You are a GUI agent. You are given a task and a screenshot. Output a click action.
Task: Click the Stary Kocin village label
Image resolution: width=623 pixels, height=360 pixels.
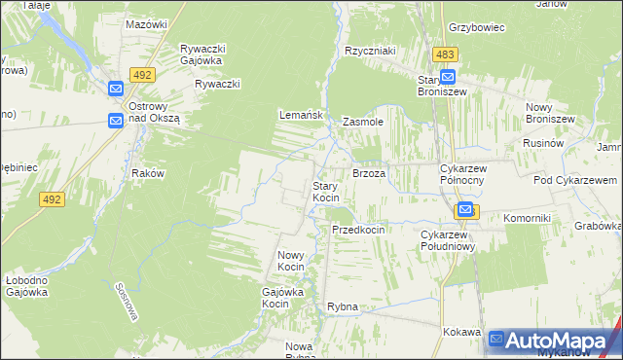click(x=325, y=192)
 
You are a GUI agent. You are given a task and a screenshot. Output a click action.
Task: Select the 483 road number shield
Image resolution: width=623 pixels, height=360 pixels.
click(x=446, y=55)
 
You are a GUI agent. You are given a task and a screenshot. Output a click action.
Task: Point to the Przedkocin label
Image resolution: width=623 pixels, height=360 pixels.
click(x=358, y=230)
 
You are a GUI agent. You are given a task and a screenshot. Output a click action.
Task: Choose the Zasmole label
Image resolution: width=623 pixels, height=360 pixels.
click(x=363, y=123)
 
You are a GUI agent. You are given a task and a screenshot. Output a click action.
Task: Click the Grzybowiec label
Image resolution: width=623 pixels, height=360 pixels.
click(x=476, y=27)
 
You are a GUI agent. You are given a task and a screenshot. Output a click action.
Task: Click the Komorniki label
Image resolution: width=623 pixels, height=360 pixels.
click(x=528, y=218)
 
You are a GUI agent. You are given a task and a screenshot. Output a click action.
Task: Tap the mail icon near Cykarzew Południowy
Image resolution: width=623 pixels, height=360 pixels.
click(x=465, y=210)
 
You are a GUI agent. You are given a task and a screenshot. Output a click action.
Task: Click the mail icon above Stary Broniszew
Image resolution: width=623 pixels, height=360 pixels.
click(x=448, y=77)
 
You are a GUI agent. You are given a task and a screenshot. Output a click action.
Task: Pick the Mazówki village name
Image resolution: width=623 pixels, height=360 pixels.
click(x=148, y=23)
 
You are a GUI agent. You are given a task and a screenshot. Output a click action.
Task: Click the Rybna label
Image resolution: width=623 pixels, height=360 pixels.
click(x=343, y=306)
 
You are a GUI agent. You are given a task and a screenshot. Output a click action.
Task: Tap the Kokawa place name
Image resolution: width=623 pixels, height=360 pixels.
click(x=461, y=332)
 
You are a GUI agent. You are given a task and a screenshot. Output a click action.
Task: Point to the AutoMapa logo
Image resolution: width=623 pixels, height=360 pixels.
click(x=553, y=341)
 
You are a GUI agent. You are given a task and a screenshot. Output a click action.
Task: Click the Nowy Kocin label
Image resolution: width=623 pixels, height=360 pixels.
click(x=292, y=260)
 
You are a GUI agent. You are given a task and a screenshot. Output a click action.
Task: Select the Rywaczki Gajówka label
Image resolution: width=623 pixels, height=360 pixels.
click(x=202, y=54)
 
